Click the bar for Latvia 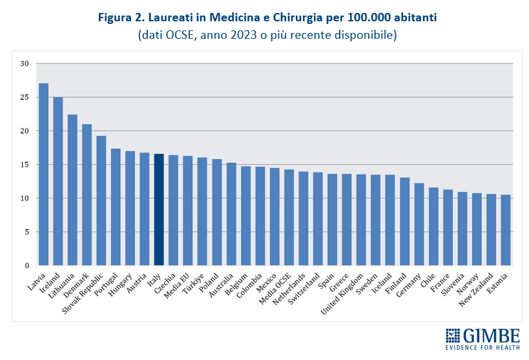[x=43, y=175]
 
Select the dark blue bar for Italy [x=159, y=209]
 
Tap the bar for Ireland [x=58, y=181]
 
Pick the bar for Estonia [x=506, y=230]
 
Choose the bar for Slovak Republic [x=101, y=200]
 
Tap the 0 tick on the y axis [x=26, y=266]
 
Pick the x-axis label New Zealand [x=480, y=288]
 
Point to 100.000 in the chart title [x=362, y=17]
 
